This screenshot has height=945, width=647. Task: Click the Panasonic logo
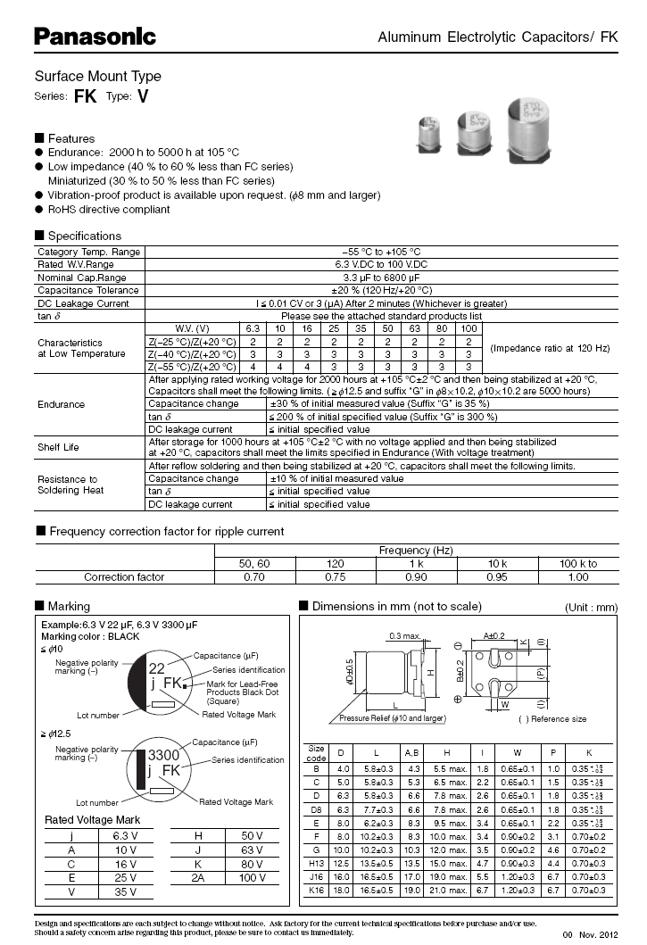point(95,37)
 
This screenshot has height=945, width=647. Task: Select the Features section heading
point(71,138)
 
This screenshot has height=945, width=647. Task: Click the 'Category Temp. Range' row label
point(88,253)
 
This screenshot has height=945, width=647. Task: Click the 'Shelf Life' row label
point(58,447)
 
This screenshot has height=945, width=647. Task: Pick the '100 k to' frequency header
point(578,564)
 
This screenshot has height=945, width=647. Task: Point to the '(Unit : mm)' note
point(591,608)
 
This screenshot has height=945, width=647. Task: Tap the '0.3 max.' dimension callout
point(405,636)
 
